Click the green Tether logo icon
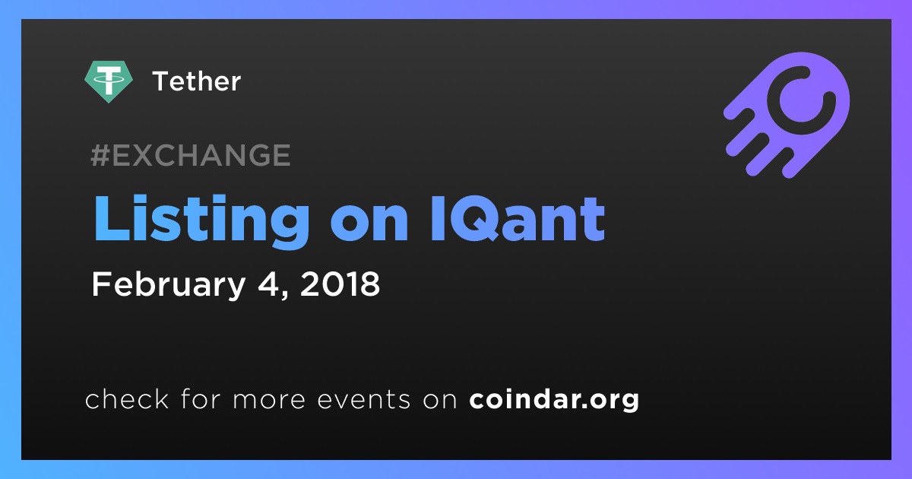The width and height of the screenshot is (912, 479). tap(108, 81)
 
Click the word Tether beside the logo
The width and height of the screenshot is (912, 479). tap(197, 81)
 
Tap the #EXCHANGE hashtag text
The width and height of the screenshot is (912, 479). tap(191, 155)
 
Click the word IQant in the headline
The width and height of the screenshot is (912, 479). tap(518, 219)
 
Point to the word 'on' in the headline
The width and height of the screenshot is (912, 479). tap(369, 224)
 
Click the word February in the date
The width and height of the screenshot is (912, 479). tap(169, 284)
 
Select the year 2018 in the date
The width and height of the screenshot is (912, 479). tap(340, 284)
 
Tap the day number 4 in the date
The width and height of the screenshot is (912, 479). tap(271, 284)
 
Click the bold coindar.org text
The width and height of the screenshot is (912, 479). tap(554, 400)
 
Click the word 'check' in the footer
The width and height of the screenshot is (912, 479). tap(127, 398)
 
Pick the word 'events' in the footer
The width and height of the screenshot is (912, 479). tap(364, 400)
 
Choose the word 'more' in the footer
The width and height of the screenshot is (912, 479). tap(269, 400)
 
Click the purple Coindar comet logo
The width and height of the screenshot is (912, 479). tap(787, 115)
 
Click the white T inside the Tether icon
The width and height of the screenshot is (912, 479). tap(108, 79)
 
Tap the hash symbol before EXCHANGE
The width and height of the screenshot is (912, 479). tap(100, 155)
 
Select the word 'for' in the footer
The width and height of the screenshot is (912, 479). tap(201, 398)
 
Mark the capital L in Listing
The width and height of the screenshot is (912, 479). tap(112, 219)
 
